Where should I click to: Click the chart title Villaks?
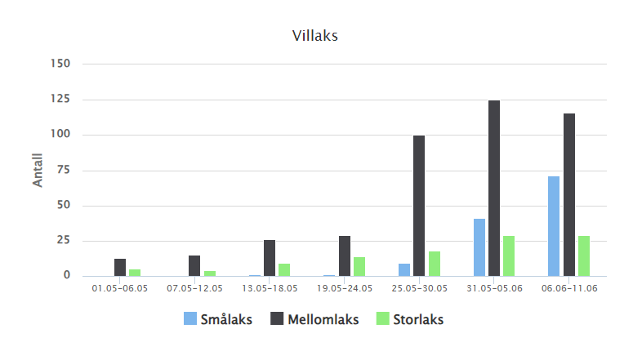315,36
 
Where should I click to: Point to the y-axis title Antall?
38,170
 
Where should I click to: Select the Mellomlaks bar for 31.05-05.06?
493,189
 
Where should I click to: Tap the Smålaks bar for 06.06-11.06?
554,226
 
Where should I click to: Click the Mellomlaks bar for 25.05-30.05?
419,206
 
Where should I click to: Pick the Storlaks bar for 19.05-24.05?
359,267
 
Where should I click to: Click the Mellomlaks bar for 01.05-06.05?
120,268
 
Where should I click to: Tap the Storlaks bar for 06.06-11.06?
584,256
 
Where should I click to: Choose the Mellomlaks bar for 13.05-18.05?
270,258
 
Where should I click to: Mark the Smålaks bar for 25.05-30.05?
404,269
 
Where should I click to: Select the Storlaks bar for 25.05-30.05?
435,264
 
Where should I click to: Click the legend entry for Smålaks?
218,320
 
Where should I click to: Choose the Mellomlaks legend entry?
314,320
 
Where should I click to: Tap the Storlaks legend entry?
409,320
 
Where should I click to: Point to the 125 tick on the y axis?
60,100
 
